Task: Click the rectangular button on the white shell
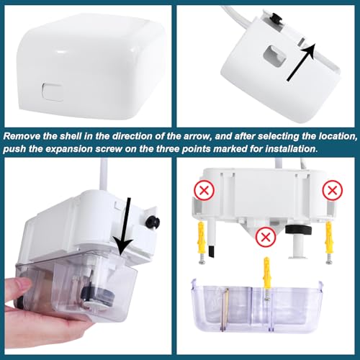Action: click(x=52, y=91)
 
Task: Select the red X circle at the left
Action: click(x=204, y=190)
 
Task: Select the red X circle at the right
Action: click(x=333, y=190)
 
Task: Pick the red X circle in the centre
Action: click(x=266, y=237)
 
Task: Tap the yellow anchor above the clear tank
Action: click(x=266, y=273)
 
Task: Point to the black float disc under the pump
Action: click(x=298, y=230)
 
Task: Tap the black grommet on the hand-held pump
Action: click(x=153, y=221)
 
